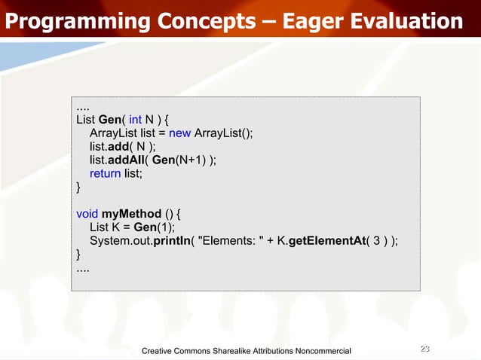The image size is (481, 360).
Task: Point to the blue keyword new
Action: pyautogui.click(x=179, y=133)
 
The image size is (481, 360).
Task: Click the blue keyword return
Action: pyautogui.click(x=106, y=173)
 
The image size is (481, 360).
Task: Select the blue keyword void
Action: pyautogui.click(x=87, y=213)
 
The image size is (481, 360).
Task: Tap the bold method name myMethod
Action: pyautogui.click(x=132, y=213)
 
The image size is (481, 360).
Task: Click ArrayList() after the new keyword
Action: pyautogui.click(x=224, y=133)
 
